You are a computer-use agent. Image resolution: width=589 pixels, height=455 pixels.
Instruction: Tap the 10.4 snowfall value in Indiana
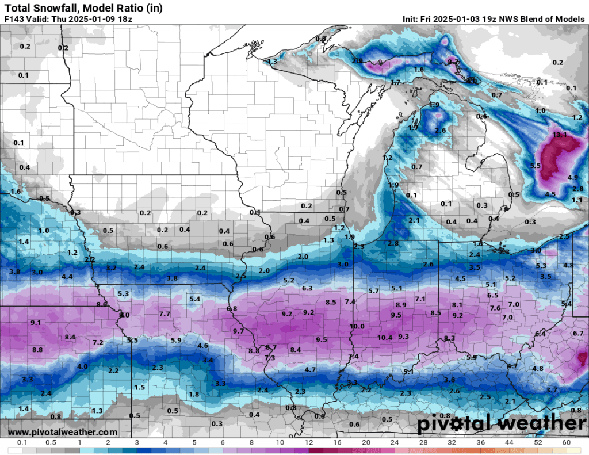point(385,337)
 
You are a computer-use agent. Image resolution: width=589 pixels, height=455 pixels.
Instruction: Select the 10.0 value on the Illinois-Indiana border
point(357,326)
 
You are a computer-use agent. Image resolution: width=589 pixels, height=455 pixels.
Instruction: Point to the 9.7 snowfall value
point(239,331)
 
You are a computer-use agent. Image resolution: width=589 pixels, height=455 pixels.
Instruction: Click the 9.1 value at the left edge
point(36,323)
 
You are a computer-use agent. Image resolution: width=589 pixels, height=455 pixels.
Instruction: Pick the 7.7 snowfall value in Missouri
point(164,313)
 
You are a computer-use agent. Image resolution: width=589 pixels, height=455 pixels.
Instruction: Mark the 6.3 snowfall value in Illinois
point(307,288)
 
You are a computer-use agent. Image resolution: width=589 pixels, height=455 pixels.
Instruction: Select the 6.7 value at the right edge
point(578,333)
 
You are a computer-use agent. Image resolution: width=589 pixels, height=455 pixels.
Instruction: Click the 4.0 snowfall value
point(82,366)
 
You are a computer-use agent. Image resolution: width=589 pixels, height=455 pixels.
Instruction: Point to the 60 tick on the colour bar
point(567,442)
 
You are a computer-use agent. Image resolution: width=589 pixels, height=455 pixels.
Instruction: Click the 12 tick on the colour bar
point(309,442)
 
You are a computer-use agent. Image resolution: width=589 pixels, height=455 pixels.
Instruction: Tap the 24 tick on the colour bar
point(395,442)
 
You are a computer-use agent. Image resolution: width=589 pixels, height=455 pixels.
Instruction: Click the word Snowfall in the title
point(55,7)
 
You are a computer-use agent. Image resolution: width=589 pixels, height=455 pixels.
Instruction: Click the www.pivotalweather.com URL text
point(63,432)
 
